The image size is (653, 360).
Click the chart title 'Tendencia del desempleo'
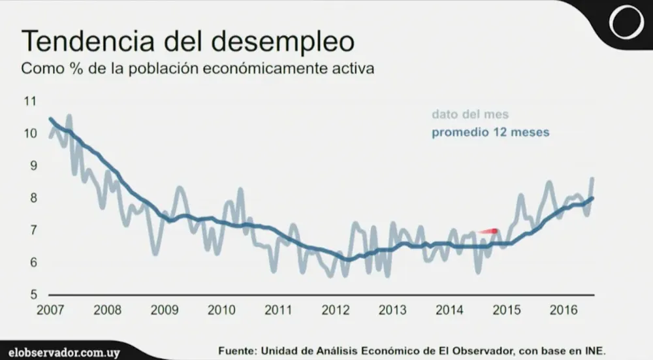coord(189,41)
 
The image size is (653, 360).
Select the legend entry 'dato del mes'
coord(470,115)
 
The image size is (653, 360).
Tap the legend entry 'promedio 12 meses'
coord(490,133)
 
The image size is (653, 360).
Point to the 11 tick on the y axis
coord(30,102)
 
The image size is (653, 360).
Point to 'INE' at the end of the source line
coord(594,350)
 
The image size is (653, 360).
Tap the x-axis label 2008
coord(108,310)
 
